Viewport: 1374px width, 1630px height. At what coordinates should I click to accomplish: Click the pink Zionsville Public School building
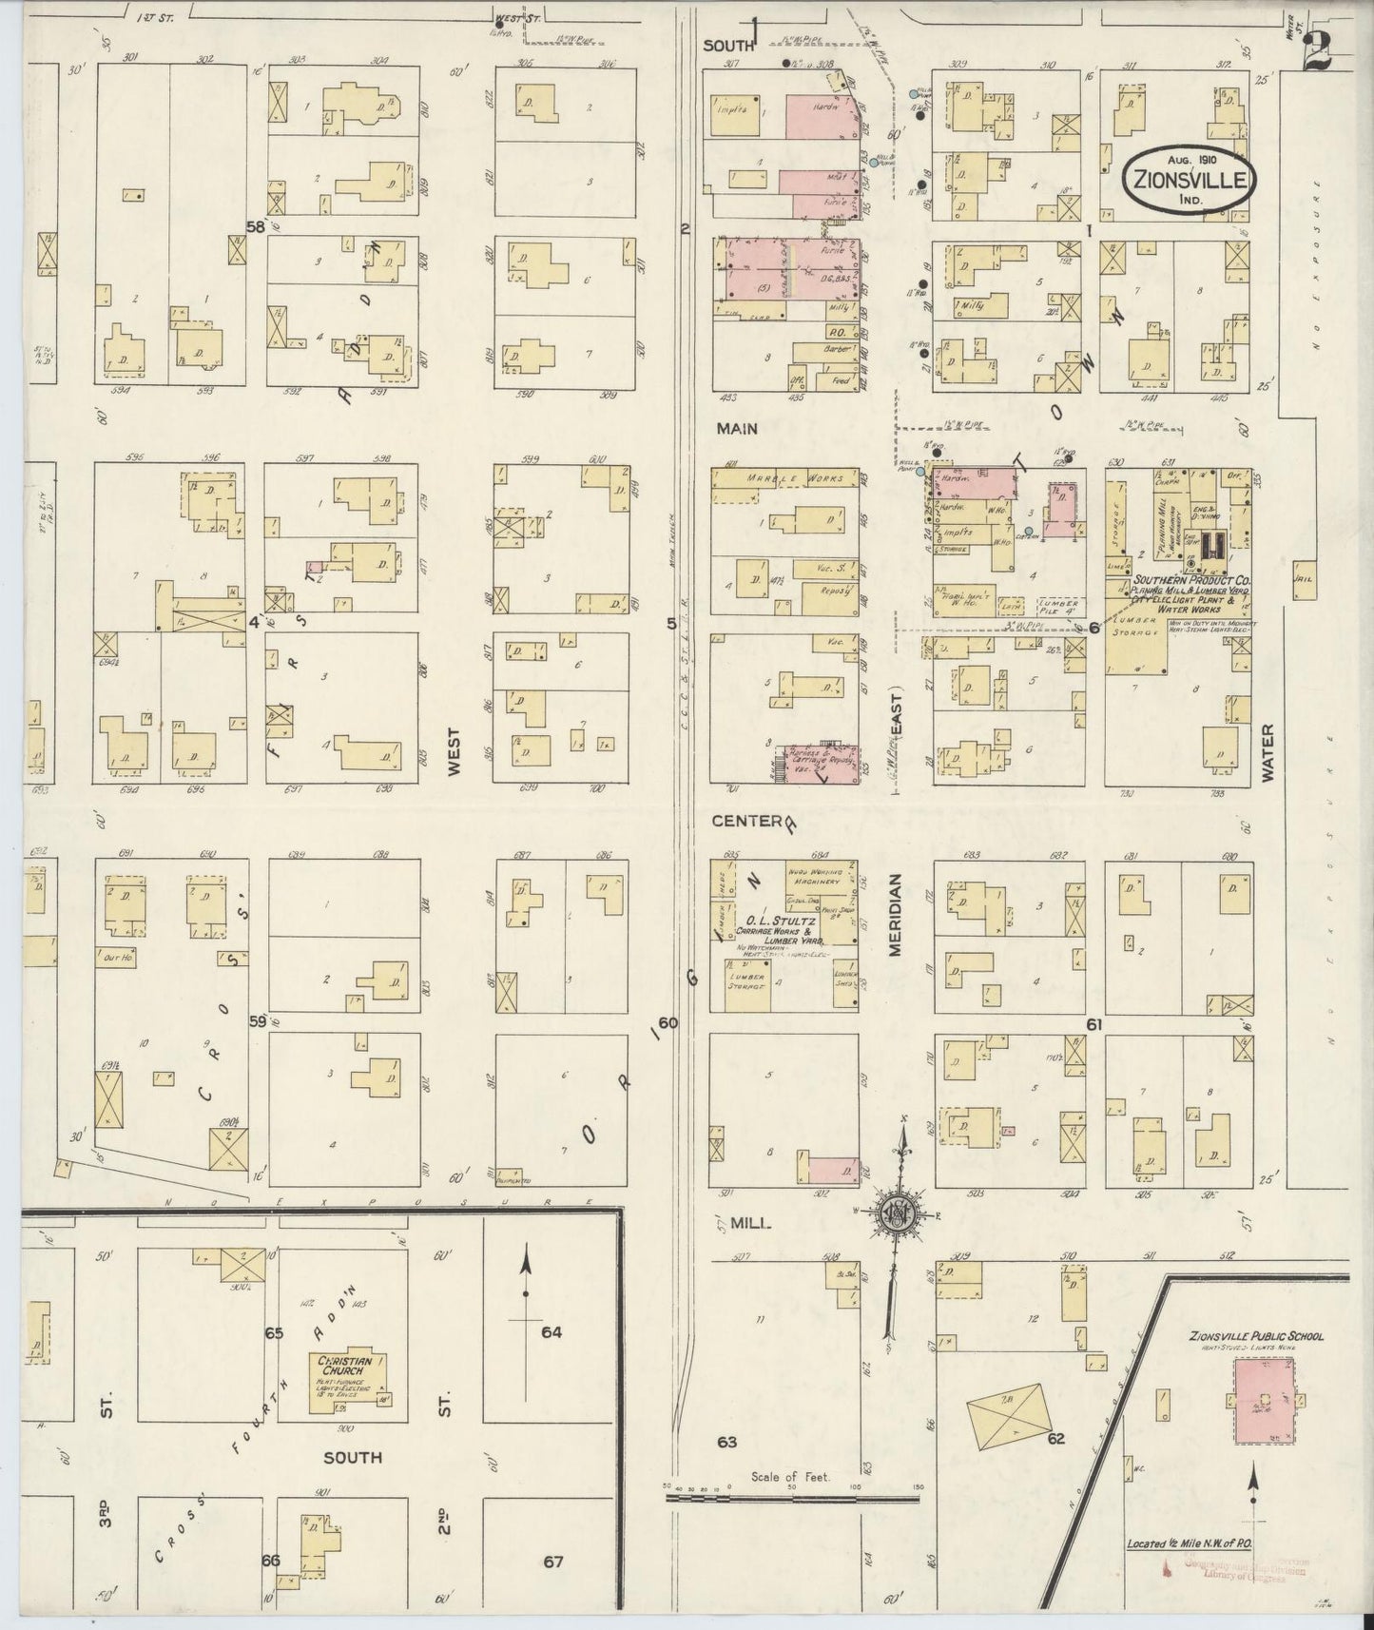(1264, 1399)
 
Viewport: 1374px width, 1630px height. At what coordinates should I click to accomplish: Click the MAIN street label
(737, 429)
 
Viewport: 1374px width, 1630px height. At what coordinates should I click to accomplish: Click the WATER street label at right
(1267, 750)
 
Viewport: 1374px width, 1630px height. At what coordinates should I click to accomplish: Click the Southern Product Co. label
(1190, 579)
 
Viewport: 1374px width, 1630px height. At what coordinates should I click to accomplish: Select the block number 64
(552, 1332)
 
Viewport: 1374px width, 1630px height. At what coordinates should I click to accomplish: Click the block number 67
(554, 1562)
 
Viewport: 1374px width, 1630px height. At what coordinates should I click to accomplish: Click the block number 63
(727, 1443)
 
